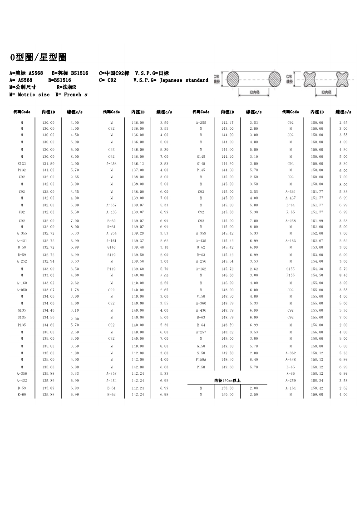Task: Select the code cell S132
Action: [22, 163]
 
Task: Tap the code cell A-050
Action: [22, 289]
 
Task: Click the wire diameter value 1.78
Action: [74, 289]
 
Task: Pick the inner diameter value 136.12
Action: [138, 163]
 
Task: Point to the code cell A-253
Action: [111, 163]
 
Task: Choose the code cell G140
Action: [111, 247]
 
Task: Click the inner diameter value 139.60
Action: [138, 269]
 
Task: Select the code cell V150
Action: [201, 296]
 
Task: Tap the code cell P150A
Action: [201, 359]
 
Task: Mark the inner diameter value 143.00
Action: [227, 128]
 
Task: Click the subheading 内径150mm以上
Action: [227, 381]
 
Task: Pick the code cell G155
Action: [291, 269]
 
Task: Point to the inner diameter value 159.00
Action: [317, 395]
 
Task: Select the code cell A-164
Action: [291, 388]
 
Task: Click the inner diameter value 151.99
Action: [317, 220]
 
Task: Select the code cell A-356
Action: [22, 373]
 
